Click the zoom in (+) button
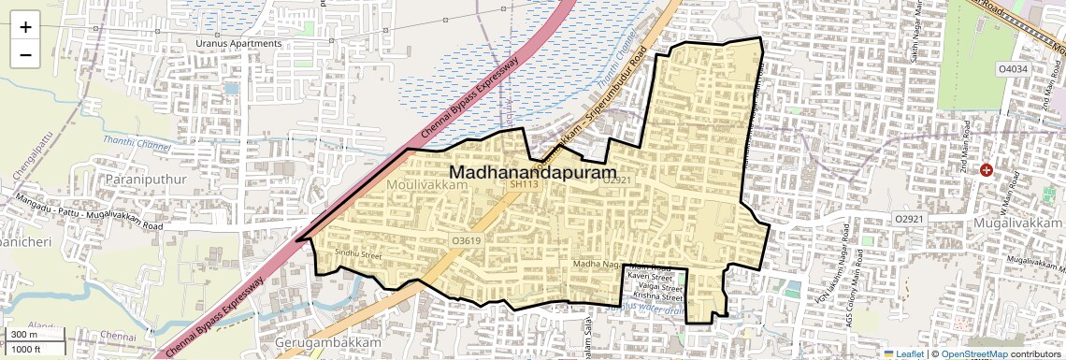pos(25,27)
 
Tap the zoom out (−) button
pos(25,54)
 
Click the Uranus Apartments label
pos(238,44)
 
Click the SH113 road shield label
pos(524,184)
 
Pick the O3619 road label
pos(466,240)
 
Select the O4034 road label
pos(1013,69)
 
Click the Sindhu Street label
pos(359,254)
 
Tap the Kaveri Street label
pos(651,278)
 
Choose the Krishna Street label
pos(652,298)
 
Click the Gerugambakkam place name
pos(328,343)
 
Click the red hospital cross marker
pos(986,169)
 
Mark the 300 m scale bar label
pos(24,335)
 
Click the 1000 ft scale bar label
pos(26,349)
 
